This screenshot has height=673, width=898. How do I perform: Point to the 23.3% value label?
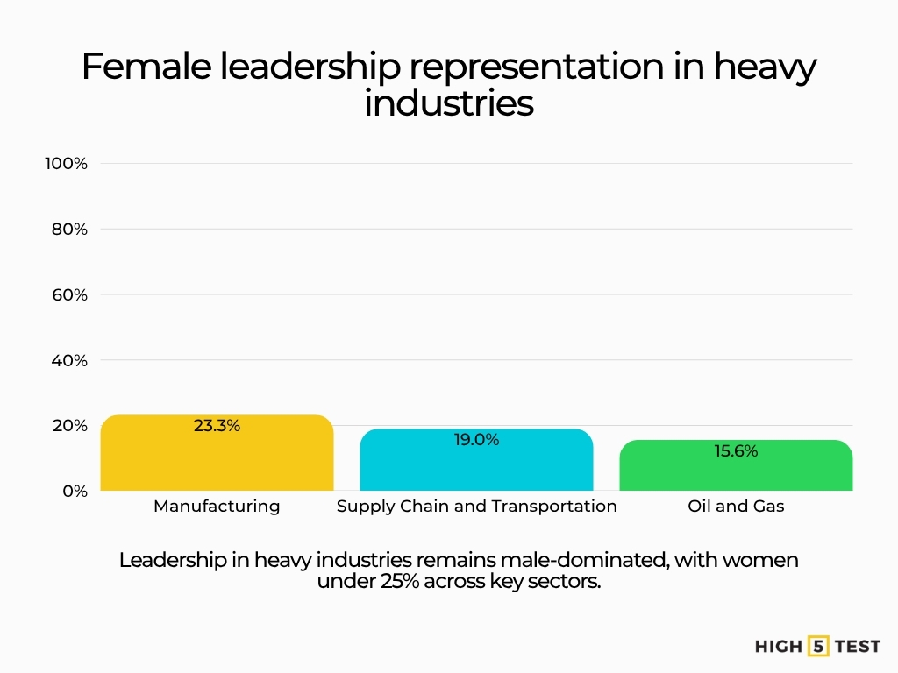coord(217,426)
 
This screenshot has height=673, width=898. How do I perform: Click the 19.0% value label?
coord(476,440)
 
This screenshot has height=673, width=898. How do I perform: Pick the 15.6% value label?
coord(735,451)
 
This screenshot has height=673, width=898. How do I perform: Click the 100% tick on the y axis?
coord(67,164)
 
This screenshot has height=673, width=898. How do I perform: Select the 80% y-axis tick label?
coord(69,230)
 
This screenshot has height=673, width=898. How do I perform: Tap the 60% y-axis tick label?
coord(69,295)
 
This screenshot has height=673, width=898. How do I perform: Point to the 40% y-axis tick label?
coord(69,360)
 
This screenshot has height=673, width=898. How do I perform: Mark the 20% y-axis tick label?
coord(69,426)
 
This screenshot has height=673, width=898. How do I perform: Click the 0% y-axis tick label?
coord(75,492)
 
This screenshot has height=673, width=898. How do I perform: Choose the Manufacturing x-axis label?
coord(217,507)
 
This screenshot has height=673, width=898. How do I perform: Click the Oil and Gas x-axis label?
coord(736,507)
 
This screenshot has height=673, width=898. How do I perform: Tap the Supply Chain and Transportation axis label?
coord(476,507)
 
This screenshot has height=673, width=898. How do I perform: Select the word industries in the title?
coord(448,103)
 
